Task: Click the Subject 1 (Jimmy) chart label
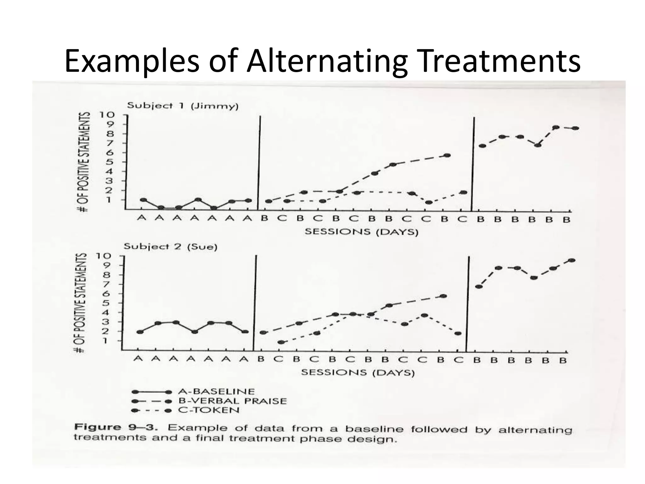pyautogui.click(x=183, y=106)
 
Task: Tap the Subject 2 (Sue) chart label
pyautogui.click(x=170, y=246)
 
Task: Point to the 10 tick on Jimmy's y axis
pyautogui.click(x=106, y=115)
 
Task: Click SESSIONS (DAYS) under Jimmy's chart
pyautogui.click(x=362, y=232)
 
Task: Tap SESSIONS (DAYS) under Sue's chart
pyautogui.click(x=358, y=373)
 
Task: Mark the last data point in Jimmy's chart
pyautogui.click(x=575, y=128)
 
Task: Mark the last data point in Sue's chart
pyautogui.click(x=572, y=260)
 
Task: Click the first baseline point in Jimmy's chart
pyautogui.click(x=143, y=200)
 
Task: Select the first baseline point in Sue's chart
pyautogui.click(x=140, y=332)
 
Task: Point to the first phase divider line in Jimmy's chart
pyautogui.click(x=259, y=162)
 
